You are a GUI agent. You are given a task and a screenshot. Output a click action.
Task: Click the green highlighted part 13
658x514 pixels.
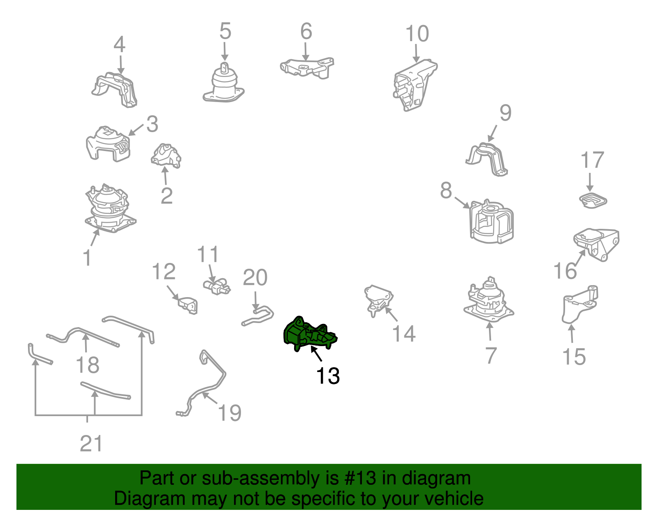click(309, 335)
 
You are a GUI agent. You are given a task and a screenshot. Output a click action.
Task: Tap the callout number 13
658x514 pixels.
click(328, 376)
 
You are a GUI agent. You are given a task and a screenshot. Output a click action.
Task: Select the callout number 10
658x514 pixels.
click(417, 33)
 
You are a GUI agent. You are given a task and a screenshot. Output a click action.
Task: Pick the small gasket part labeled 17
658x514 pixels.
click(593, 200)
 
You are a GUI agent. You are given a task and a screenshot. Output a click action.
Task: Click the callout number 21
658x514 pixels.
click(91, 444)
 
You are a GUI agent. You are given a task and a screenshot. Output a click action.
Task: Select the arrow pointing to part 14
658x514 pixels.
click(391, 314)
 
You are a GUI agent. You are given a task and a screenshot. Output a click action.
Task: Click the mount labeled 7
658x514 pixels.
click(488, 300)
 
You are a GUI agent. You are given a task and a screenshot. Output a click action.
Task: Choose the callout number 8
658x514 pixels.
click(446, 191)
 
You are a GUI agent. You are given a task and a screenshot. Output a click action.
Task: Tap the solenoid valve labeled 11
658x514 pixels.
click(216, 286)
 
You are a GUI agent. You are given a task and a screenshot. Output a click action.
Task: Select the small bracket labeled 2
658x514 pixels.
click(166, 156)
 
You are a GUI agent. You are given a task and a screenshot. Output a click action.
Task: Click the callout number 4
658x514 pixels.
click(119, 44)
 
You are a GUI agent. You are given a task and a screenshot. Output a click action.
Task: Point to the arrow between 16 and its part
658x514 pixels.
click(581, 258)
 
